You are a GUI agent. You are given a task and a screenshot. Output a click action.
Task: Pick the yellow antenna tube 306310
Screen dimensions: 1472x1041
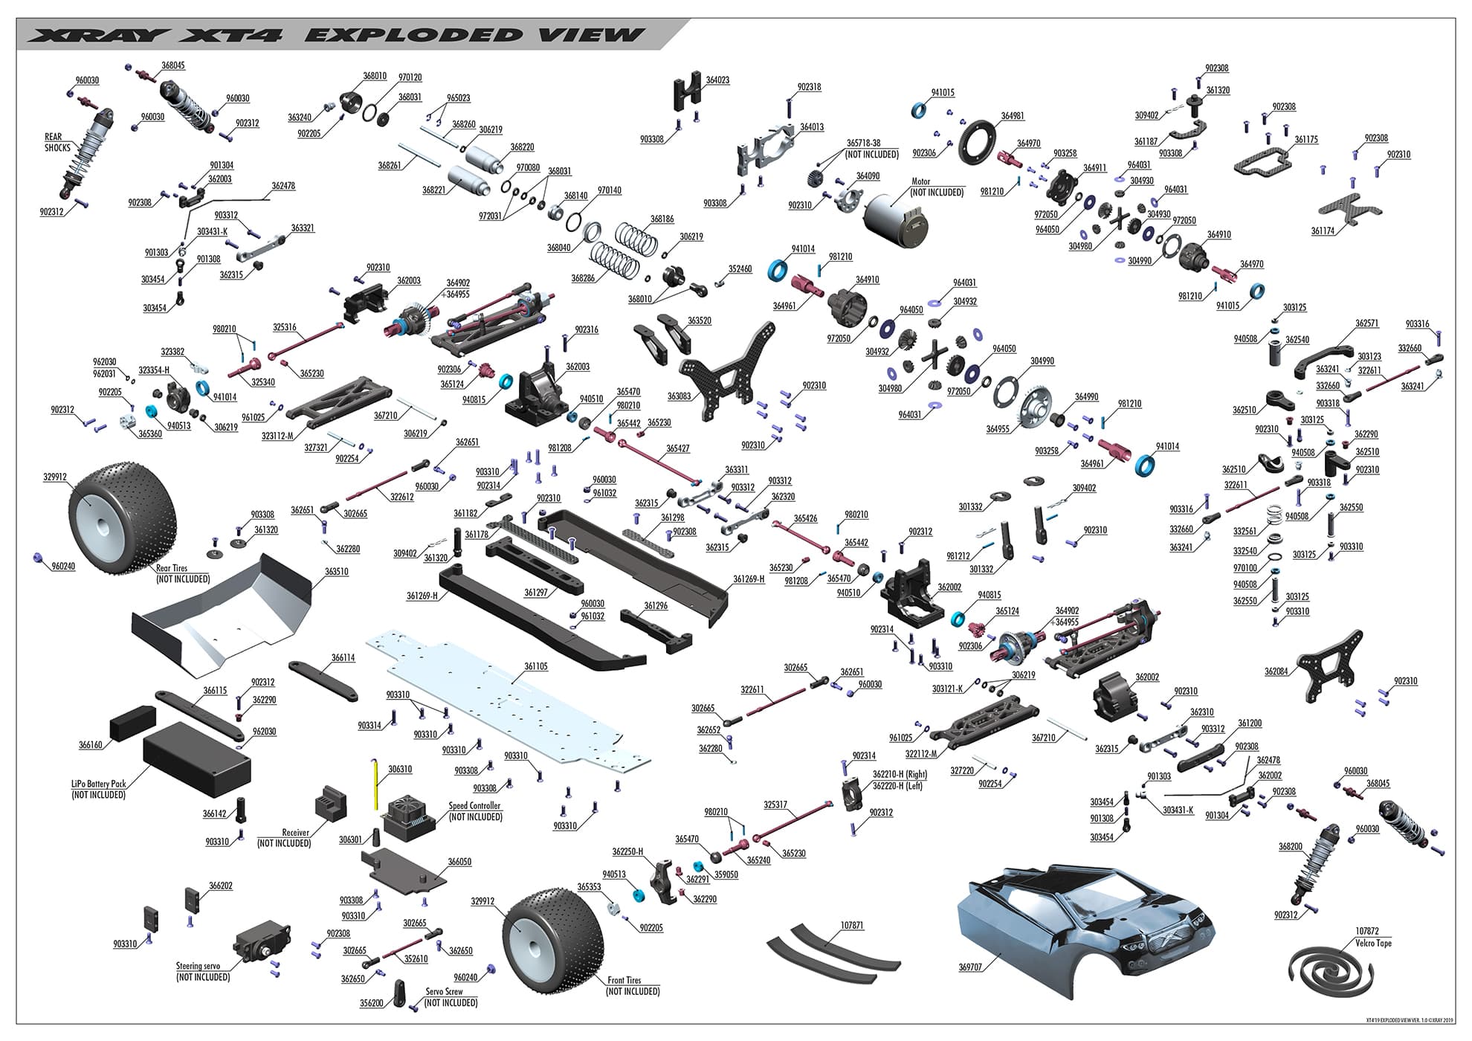376,784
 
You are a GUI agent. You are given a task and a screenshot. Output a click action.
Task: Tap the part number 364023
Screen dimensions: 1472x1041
717,80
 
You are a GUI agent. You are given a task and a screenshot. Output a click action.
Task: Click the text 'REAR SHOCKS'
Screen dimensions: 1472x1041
57,142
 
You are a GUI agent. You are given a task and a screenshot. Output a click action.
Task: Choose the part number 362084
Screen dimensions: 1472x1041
1276,671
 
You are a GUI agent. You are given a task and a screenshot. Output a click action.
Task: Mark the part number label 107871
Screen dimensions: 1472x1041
852,926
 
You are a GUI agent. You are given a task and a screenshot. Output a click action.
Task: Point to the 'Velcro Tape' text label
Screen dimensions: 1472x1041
1373,943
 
